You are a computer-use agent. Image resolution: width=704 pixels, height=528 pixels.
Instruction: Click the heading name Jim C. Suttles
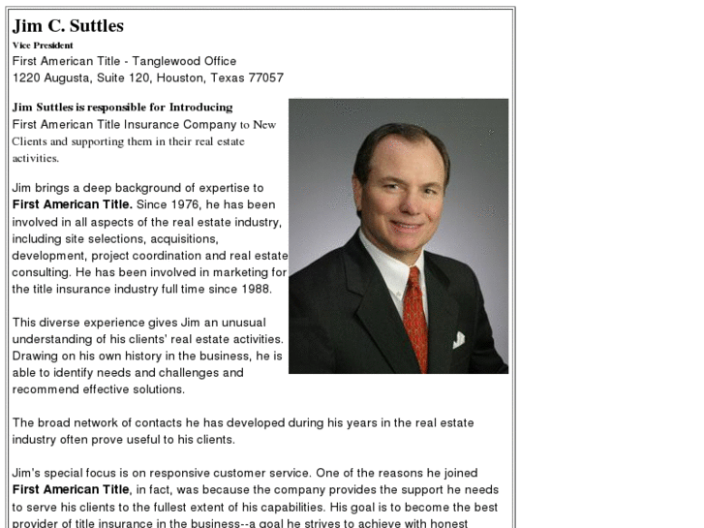click(68, 26)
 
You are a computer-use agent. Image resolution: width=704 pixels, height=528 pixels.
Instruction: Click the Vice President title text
click(43, 45)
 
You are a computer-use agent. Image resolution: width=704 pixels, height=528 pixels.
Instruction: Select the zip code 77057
click(264, 78)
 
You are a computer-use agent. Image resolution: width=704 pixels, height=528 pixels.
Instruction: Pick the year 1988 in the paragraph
click(266, 289)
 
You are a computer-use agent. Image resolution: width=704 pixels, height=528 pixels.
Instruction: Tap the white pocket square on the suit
click(458, 339)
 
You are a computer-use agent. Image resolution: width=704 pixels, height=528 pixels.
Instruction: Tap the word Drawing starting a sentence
click(36, 357)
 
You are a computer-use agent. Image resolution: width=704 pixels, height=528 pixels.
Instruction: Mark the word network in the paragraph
click(102, 423)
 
